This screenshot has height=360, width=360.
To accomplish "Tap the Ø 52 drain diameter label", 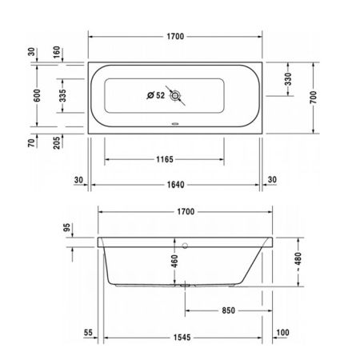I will point(155,95).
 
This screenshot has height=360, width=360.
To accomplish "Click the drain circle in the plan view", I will point(178,95).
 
